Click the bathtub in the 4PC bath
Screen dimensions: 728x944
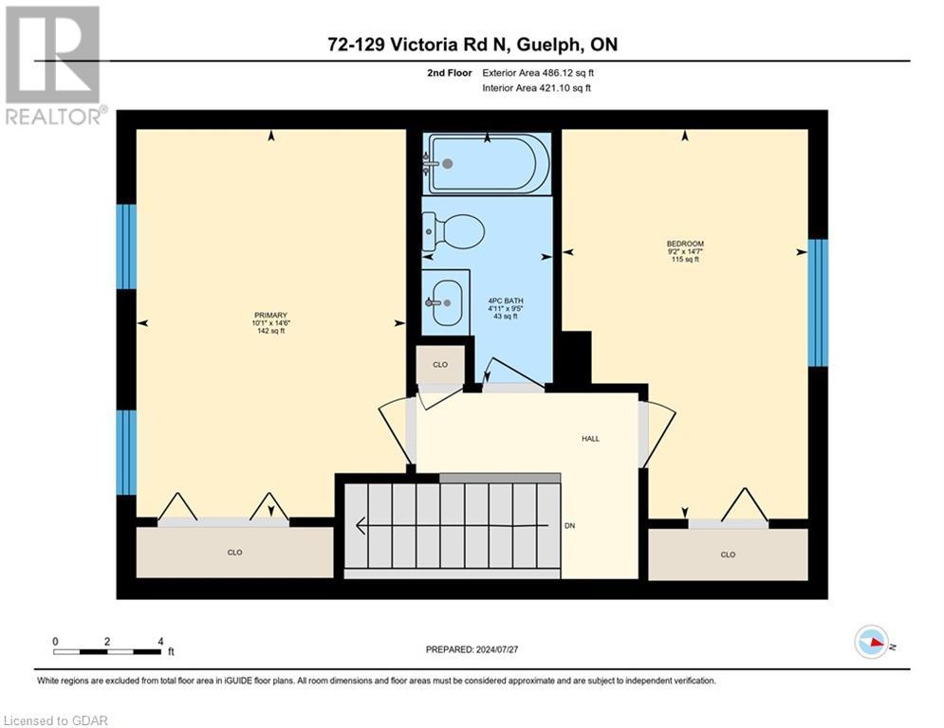(x=488, y=163)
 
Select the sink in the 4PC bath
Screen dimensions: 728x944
(x=444, y=302)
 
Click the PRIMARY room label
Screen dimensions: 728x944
(x=270, y=316)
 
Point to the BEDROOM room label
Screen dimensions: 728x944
(x=685, y=244)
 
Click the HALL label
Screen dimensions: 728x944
(x=591, y=438)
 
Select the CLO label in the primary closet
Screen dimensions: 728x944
(x=235, y=552)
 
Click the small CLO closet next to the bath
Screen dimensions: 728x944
(x=440, y=364)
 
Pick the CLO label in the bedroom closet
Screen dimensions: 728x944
(x=728, y=555)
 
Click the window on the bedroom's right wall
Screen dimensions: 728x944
(x=818, y=302)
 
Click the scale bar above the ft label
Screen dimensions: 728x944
(x=107, y=651)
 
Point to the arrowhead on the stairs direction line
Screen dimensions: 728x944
(x=361, y=524)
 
